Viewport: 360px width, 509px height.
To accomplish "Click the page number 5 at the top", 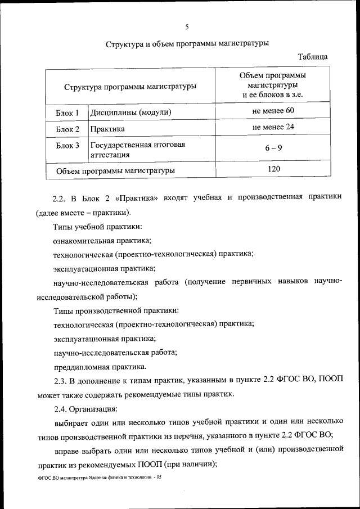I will click(186, 26).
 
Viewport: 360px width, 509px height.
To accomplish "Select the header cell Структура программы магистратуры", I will click(130, 87).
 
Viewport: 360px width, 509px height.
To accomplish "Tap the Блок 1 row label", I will click(67, 113).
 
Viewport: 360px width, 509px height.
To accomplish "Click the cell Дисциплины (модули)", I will click(130, 112).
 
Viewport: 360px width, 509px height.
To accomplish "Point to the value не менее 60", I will click(273, 111).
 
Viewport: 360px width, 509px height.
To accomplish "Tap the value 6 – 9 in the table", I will click(273, 148).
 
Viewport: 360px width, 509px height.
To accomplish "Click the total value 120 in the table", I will click(273, 168).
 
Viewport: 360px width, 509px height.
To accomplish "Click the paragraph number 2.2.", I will click(59, 198).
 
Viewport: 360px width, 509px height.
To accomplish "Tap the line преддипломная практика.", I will click(100, 367).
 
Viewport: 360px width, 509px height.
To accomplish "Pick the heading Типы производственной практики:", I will click(116, 310).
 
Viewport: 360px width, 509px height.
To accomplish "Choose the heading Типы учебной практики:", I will click(97, 227).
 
